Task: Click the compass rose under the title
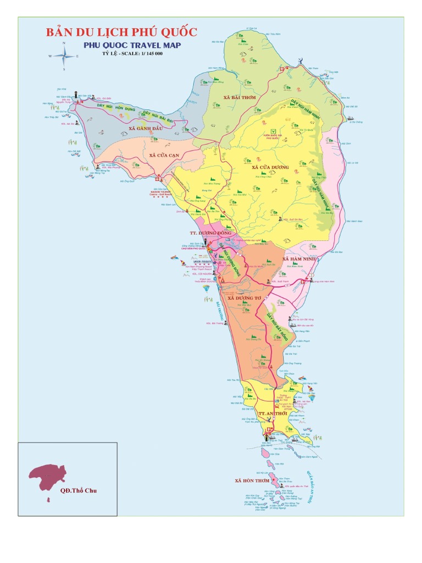click(x=64, y=55)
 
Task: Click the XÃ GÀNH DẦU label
click(x=146, y=128)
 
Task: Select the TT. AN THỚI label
click(x=273, y=412)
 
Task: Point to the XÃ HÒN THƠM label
click(x=252, y=480)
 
